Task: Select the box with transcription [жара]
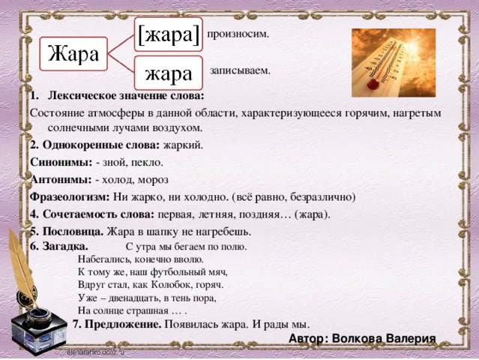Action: tap(169, 34)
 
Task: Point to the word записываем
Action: tap(240, 70)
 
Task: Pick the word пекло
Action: tap(148, 161)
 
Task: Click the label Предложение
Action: tap(117, 324)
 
